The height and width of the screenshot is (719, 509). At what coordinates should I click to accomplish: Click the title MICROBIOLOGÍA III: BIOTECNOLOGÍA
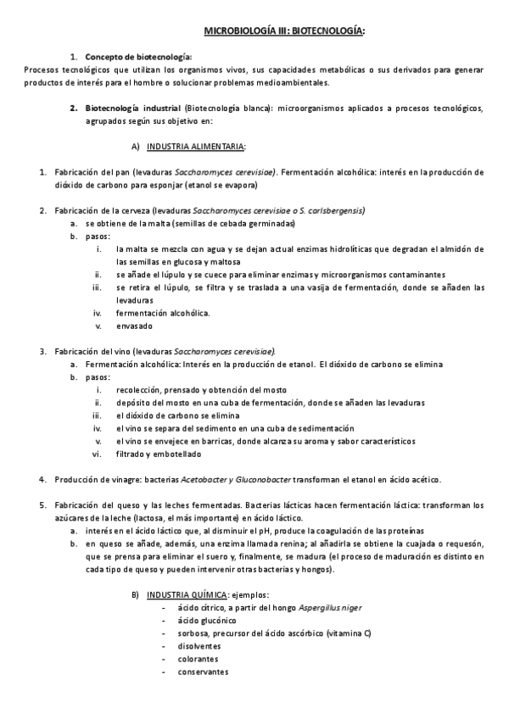point(284,31)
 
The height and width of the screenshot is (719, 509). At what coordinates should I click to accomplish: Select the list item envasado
point(135,326)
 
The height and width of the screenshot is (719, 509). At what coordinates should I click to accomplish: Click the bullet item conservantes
point(203,672)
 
